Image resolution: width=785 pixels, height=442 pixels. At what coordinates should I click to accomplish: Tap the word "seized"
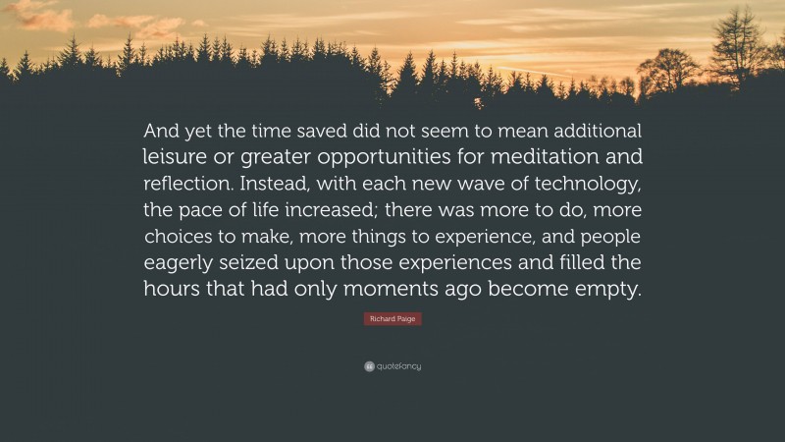244,263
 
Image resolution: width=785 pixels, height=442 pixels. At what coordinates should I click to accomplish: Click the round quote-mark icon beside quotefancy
368,366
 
